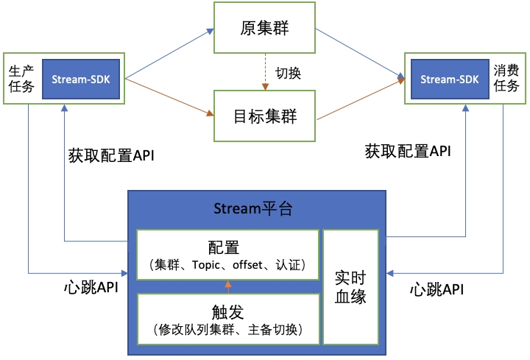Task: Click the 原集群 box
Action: pyautogui.click(x=264, y=28)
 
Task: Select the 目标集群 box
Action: pyautogui.click(x=264, y=116)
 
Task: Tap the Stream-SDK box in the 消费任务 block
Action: pyautogui.click(x=448, y=78)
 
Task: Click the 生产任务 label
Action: pyautogui.click(x=21, y=78)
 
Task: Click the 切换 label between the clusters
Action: pyautogui.click(x=289, y=73)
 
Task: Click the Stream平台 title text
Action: pyautogui.click(x=257, y=208)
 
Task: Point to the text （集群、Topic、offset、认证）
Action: pyautogui.click(x=228, y=264)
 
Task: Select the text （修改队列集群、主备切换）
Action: pyautogui.click(x=228, y=329)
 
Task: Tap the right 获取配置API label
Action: pyautogui.click(x=408, y=152)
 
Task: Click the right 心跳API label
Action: pyautogui.click(x=437, y=289)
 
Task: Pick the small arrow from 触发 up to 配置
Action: pyautogui.click(x=228, y=286)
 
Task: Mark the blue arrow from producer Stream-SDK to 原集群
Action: pyautogui.click(x=169, y=53)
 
